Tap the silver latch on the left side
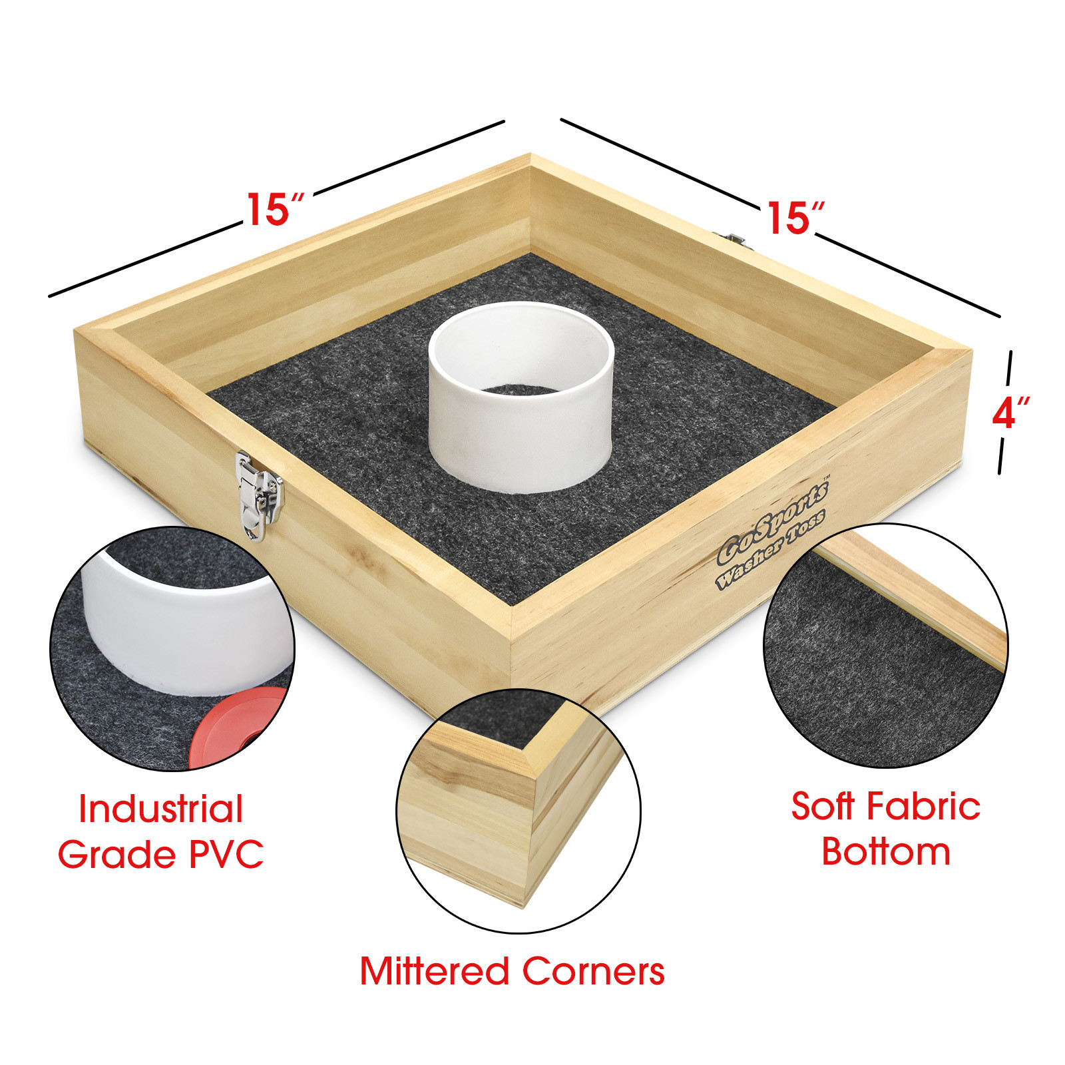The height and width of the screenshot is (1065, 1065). [x=259, y=495]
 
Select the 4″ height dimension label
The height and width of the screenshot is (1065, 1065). [x=1010, y=413]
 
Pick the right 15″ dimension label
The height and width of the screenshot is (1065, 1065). [x=795, y=218]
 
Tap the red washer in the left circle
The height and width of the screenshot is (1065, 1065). [x=236, y=727]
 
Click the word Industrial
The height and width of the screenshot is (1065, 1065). [x=161, y=809]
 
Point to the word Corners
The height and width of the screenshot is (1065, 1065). [x=593, y=971]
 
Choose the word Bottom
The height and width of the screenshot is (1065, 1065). [x=886, y=851]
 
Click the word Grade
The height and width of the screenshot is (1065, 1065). [x=118, y=854]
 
